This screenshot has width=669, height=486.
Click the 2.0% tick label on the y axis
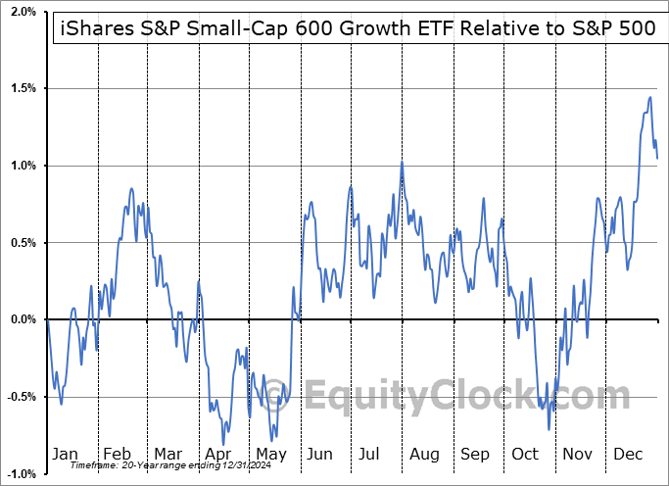(x=21, y=12)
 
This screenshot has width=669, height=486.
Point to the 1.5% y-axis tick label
(x=21, y=88)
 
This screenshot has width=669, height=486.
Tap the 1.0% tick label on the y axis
(x=21, y=166)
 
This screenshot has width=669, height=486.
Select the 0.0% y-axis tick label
(x=21, y=319)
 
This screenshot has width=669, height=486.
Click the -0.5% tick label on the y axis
(x=19, y=397)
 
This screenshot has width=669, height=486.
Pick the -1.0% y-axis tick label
(x=19, y=473)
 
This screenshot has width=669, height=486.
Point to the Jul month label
(x=371, y=455)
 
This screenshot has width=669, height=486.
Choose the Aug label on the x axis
(x=424, y=455)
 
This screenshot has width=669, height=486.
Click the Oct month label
(x=525, y=455)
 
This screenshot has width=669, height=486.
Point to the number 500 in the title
(x=638, y=28)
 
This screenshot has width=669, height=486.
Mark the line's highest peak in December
(x=650, y=96)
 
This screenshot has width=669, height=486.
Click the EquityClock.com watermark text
(x=465, y=396)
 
